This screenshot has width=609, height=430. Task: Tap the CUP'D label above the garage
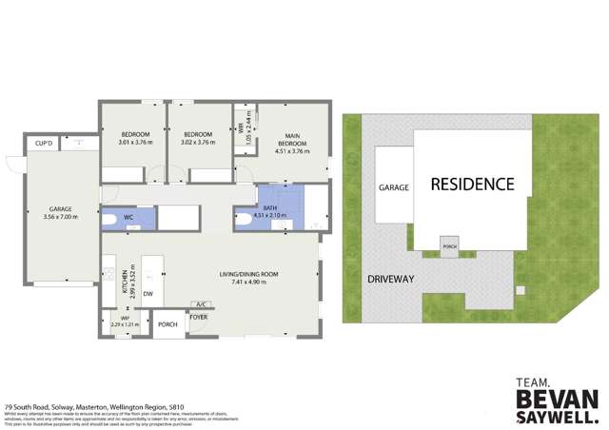[44, 144]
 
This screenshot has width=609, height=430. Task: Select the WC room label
[128, 217]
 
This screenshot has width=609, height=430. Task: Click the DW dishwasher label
[147, 294]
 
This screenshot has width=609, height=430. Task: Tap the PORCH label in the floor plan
[167, 323]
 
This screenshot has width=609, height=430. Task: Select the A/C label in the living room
[201, 304]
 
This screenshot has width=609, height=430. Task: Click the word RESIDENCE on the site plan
[473, 185]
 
